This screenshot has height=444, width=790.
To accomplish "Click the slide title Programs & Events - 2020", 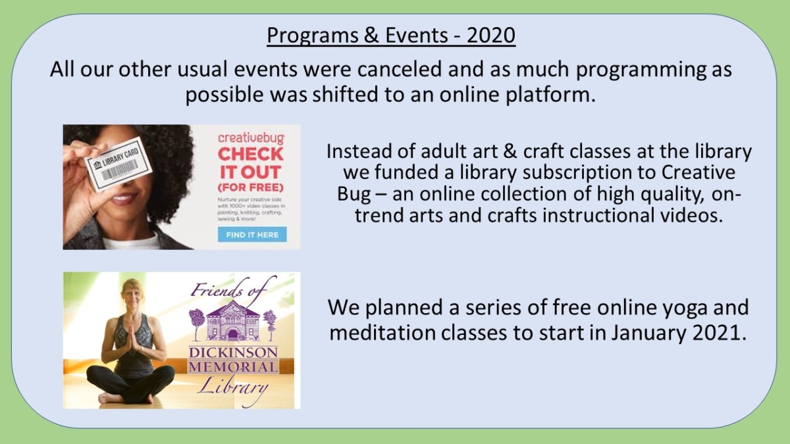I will (x=390, y=36).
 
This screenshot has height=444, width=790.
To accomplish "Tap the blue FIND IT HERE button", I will (x=251, y=234).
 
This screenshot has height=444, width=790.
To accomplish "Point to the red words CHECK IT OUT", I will (x=251, y=163).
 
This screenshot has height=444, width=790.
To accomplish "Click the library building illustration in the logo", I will (x=232, y=320).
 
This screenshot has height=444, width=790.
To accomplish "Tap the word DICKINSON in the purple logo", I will (x=233, y=352).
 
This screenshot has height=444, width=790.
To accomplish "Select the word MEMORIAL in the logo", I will (x=233, y=367).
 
